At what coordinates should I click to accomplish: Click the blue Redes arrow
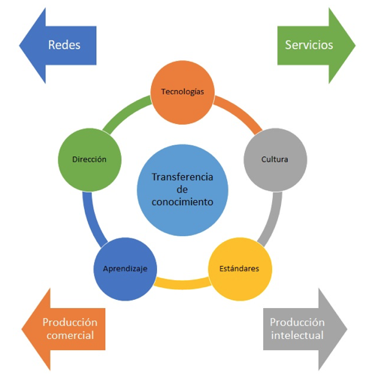(x=58, y=45)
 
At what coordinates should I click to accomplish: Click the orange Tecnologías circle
(x=183, y=92)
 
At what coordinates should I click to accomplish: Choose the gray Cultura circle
(x=275, y=160)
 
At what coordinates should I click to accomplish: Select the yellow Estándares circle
(x=240, y=269)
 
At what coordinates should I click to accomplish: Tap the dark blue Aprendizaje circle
(x=126, y=269)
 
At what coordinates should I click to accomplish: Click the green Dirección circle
(x=89, y=160)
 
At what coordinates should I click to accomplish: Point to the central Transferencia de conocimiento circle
(x=183, y=190)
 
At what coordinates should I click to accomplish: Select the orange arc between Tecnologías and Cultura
(x=240, y=112)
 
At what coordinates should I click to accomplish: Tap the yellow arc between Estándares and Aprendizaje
(x=183, y=284)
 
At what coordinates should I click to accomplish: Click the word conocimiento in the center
(x=183, y=201)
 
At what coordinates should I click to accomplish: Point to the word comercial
(x=70, y=335)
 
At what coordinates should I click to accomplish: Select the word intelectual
(x=298, y=335)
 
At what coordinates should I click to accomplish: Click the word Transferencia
(x=183, y=177)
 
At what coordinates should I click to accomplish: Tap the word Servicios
(x=309, y=45)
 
